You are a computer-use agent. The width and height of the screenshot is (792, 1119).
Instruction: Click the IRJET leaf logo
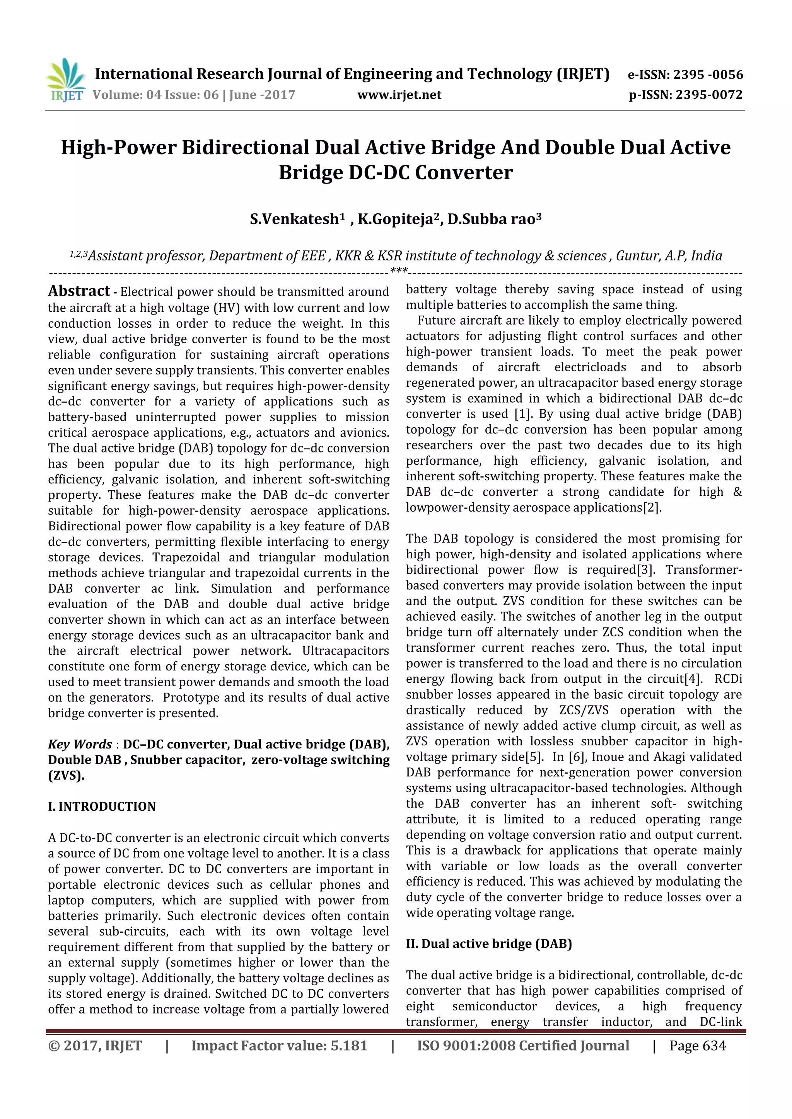(66, 80)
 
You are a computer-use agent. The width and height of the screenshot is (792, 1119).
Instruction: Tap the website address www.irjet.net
(399, 95)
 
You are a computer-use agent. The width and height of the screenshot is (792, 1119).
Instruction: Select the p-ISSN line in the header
(685, 95)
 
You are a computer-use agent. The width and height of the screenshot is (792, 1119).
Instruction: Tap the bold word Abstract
(79, 291)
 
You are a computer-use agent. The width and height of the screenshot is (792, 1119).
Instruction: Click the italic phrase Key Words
(80, 744)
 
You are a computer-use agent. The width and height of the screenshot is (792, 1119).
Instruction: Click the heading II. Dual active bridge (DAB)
(489, 944)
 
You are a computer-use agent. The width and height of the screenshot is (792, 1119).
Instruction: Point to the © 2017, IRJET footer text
(95, 1046)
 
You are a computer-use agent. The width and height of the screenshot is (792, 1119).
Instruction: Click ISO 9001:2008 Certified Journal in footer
(523, 1046)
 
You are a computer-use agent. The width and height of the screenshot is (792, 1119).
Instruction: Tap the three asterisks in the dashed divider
(399, 270)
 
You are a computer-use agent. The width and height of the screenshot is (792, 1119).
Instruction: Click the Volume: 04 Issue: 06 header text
(194, 95)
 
